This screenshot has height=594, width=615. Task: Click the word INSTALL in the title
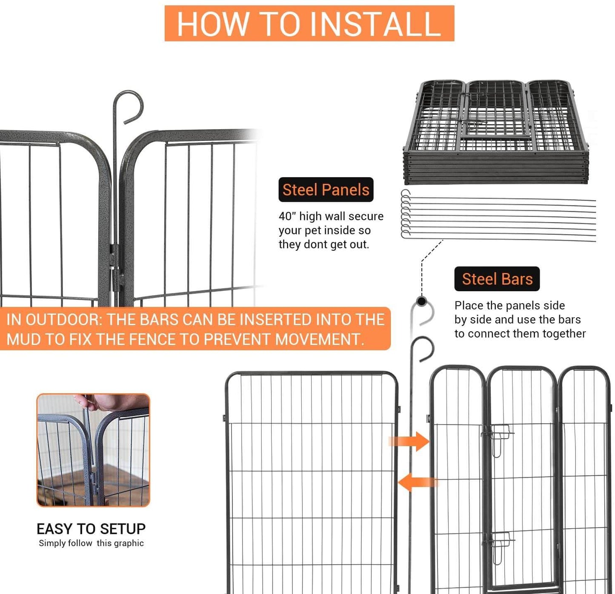point(375,24)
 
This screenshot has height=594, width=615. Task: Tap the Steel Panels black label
point(326,190)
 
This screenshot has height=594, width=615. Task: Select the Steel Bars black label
point(497,279)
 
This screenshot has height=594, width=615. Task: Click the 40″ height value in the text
point(287,216)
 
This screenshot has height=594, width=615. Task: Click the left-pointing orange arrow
point(417,482)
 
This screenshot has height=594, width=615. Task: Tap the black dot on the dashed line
point(422,301)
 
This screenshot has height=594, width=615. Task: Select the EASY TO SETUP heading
point(91,529)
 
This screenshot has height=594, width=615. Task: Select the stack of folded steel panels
point(496,132)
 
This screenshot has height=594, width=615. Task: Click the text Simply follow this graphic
point(91,543)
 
